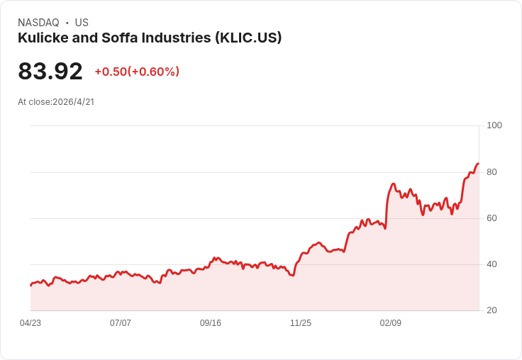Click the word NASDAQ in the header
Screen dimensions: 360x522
(38, 23)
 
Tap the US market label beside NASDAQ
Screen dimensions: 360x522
(82, 23)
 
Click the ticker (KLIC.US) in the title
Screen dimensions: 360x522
(248, 38)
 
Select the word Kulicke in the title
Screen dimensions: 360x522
(43, 38)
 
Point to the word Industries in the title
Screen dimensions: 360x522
(177, 38)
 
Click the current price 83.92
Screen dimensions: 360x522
(50, 71)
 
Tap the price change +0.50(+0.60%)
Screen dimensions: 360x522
(137, 72)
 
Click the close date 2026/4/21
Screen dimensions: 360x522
(73, 101)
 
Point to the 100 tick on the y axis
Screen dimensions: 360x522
(494, 125)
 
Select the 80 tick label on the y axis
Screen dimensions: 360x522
(492, 172)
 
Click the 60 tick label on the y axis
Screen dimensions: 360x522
(492, 218)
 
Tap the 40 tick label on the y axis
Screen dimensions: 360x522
(492, 264)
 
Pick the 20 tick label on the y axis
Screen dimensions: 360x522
(492, 310)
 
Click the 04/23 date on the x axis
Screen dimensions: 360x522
(30, 323)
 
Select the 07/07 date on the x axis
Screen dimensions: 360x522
(121, 323)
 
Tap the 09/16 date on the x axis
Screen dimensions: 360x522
(211, 323)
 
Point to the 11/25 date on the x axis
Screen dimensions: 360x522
(301, 323)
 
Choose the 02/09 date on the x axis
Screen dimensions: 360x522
(391, 323)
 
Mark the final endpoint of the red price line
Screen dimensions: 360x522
(479, 164)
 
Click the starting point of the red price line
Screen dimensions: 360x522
(30, 286)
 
